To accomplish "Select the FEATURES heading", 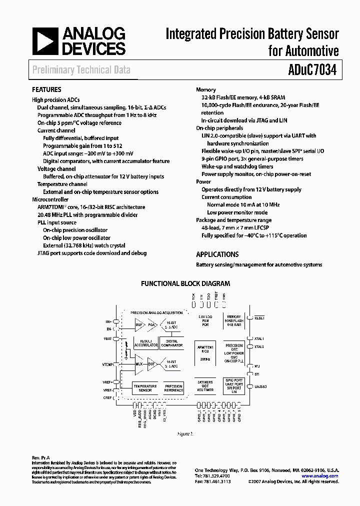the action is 46,89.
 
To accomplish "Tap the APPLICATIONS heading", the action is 217,254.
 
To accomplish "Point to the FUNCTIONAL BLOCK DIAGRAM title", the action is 185,283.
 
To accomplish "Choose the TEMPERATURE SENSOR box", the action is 145,388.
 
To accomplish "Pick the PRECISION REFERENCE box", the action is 173,388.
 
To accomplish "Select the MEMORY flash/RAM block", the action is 234,320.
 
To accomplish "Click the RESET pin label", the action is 259,318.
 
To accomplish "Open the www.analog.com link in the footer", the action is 320,476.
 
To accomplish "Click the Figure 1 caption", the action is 185,434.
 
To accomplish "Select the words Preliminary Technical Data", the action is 81,70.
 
